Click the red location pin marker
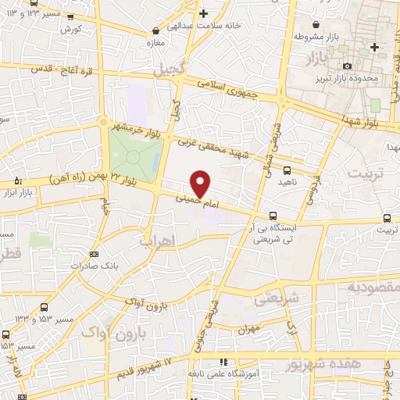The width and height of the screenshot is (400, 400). click(x=201, y=183)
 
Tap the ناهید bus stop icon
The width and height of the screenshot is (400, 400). click(x=287, y=170)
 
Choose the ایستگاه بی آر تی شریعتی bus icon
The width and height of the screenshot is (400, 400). click(x=273, y=216)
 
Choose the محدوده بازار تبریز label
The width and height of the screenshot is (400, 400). click(x=373, y=78)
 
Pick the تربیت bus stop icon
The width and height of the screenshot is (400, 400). click(x=387, y=218)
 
